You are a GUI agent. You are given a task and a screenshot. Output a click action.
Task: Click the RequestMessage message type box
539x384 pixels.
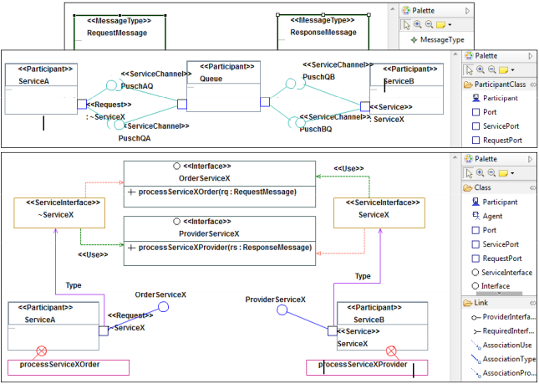[117, 33]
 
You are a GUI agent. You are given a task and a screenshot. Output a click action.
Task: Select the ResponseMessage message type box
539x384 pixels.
[323, 33]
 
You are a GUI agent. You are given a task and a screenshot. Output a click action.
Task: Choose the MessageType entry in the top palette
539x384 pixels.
[442, 39]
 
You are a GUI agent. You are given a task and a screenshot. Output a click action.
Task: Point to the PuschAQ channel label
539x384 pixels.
[137, 85]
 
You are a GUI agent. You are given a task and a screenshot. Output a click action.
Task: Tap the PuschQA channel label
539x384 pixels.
[134, 138]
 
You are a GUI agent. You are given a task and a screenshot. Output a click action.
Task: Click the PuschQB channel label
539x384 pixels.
[318, 76]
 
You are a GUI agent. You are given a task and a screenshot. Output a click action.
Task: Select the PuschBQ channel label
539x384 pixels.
[316, 130]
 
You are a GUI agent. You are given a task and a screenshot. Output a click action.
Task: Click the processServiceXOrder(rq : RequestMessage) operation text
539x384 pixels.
[217, 192]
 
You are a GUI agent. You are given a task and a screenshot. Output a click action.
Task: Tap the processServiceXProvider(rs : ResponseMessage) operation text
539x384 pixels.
[221, 248]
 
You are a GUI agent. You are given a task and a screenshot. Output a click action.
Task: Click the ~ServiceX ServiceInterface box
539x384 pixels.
[59, 213]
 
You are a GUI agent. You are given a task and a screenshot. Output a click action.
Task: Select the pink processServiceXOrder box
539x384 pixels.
[69, 366]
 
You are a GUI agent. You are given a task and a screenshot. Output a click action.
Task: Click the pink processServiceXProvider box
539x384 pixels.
[366, 366]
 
